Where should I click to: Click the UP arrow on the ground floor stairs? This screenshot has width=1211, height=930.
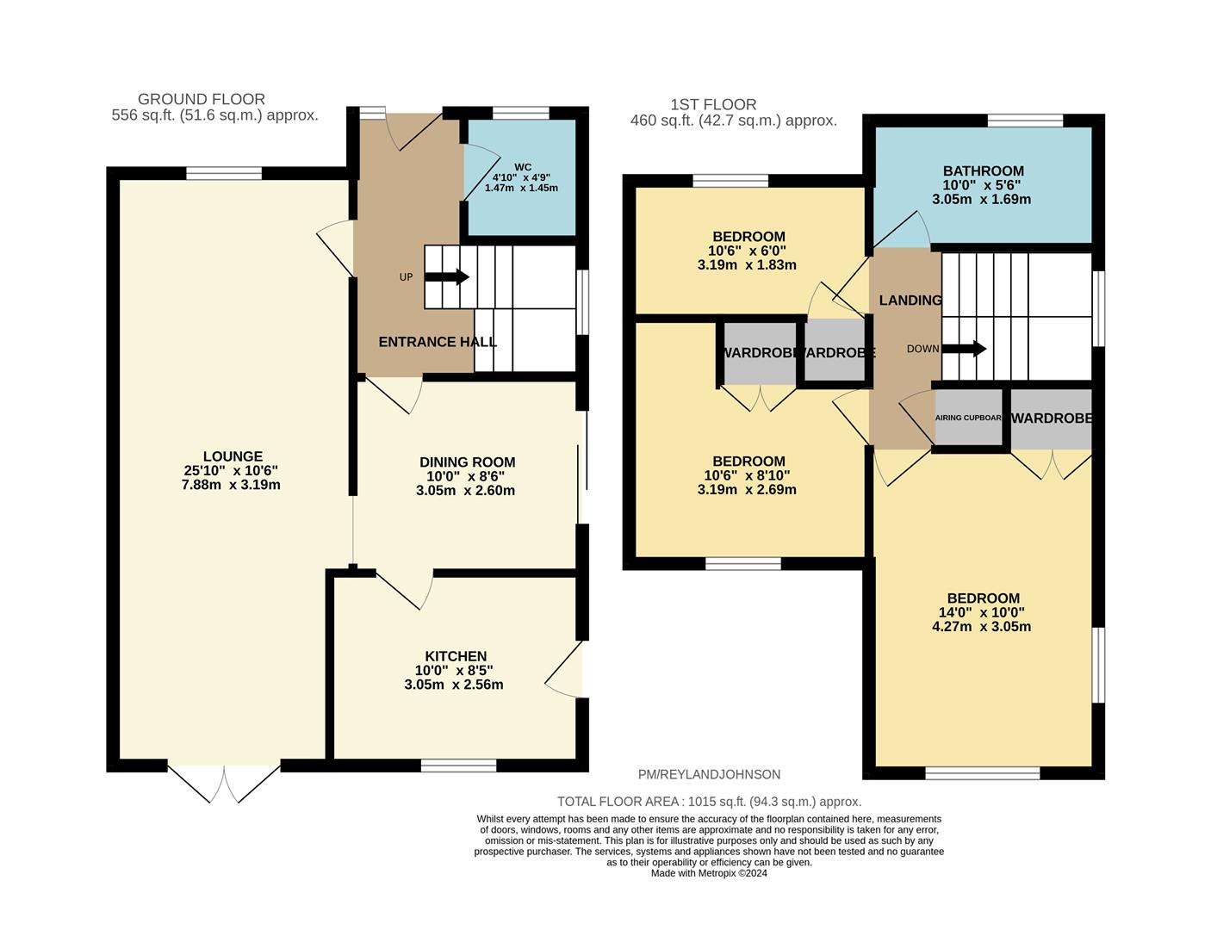447,277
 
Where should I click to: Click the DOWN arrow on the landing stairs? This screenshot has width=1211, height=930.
964,349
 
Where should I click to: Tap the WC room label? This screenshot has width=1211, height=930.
522,167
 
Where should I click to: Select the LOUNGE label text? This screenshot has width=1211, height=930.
233,456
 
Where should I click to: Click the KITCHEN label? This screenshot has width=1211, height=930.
456,656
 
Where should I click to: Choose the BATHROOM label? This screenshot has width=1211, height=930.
983,170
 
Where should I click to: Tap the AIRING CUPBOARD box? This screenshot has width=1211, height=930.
968,418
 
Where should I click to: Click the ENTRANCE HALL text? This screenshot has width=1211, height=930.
438,342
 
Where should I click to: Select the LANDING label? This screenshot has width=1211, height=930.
910,301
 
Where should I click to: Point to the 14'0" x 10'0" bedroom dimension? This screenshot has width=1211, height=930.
982,612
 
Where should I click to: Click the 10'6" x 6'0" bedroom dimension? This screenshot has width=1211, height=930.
747,251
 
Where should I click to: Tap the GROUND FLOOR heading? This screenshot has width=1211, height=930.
202,99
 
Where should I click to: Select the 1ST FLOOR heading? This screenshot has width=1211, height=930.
713,105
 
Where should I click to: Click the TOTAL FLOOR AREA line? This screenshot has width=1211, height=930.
709,802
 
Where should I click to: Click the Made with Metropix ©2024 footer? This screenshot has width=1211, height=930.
709,873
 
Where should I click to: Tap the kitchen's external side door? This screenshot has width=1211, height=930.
565,669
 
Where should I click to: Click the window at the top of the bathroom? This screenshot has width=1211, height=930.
1024,120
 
